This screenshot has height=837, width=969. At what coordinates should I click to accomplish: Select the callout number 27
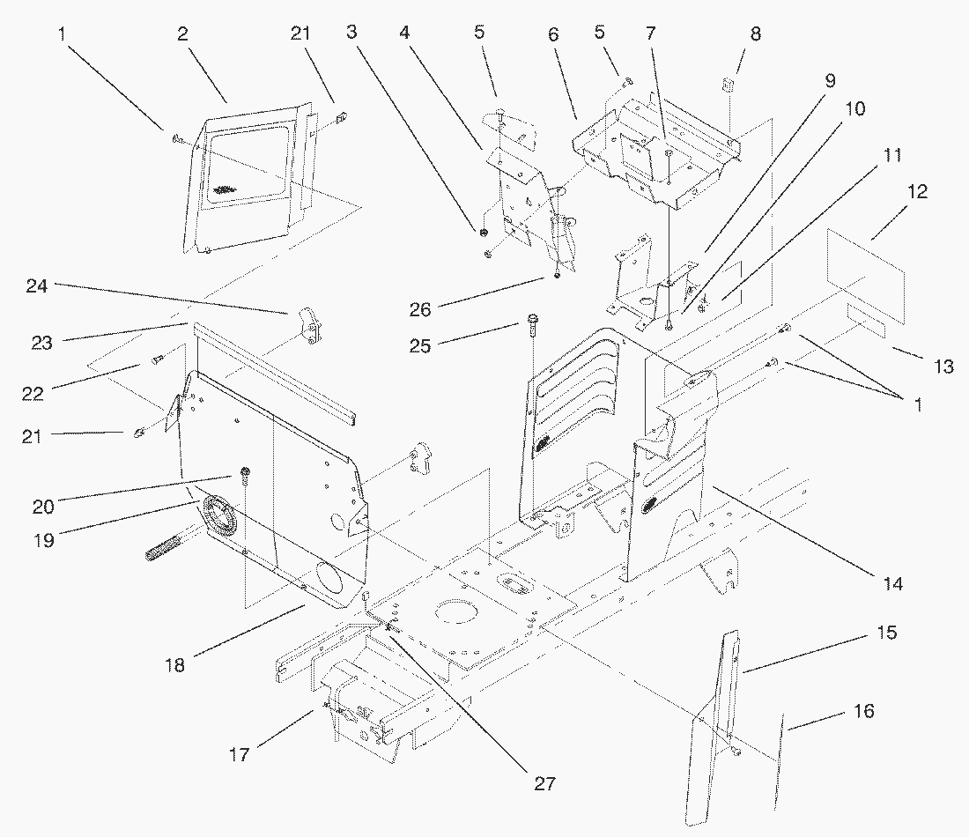tap(544, 781)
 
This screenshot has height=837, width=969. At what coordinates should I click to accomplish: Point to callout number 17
tap(240, 754)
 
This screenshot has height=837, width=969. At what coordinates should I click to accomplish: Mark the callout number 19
tap(43, 540)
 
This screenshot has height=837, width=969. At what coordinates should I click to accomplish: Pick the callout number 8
tap(755, 34)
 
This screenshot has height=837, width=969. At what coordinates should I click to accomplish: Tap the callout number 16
tap(864, 710)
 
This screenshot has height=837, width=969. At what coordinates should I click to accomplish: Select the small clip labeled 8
tap(729, 85)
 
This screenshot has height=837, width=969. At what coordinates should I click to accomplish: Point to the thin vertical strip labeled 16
tap(778, 762)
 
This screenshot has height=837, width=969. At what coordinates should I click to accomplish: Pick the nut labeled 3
tap(484, 233)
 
